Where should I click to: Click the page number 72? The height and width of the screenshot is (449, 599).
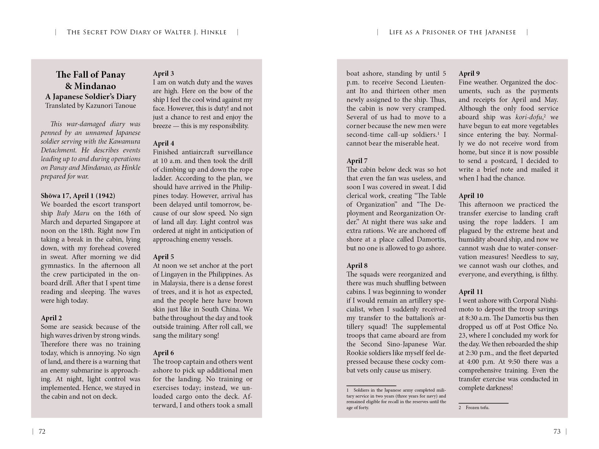pos(42,432)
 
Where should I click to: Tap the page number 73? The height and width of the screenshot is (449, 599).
pos(557,432)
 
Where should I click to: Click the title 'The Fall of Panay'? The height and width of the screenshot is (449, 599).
pos(90,75)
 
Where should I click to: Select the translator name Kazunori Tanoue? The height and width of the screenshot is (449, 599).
pos(111,105)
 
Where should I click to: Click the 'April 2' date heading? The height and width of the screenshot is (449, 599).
pos(51,318)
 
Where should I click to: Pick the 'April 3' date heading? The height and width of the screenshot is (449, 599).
pos(163,74)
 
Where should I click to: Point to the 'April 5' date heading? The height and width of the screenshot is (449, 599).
pos(163,257)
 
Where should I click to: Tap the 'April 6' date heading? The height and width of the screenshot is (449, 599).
pos(163,353)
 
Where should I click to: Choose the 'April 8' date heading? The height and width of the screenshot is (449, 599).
pos(357,266)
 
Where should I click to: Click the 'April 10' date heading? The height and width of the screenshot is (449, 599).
pos(471,196)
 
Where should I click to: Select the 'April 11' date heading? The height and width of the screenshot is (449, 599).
pos(470,292)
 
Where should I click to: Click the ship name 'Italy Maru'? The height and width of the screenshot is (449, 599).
pos(73,213)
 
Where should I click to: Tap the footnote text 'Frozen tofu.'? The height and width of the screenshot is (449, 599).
pos(477,408)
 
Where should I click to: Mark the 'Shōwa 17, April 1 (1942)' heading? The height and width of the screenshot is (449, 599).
pos(78,196)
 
